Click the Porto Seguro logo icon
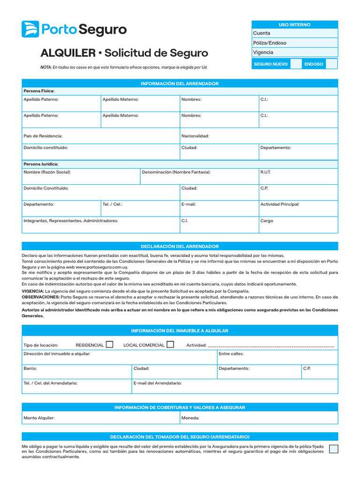click(x=30, y=29)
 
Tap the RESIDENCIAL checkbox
click(x=110, y=345)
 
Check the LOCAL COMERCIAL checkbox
click(x=170, y=345)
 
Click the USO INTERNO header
click(x=294, y=24)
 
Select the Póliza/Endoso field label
click(x=270, y=43)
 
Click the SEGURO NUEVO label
click(x=270, y=64)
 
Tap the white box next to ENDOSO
click(x=331, y=64)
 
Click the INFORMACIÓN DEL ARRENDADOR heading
click(x=180, y=83)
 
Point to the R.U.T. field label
click(x=265, y=172)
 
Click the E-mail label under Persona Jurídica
click(x=188, y=204)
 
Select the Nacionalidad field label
click(x=195, y=136)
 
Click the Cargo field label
click(x=266, y=221)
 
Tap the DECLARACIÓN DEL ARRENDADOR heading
click(x=180, y=246)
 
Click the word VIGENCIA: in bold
click(x=33, y=291)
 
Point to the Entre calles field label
click(x=231, y=354)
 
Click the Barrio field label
click(x=30, y=368)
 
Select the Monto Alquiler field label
click(x=39, y=418)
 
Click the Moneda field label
click(x=190, y=418)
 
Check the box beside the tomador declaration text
click(x=333, y=449)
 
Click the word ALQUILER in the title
click(x=67, y=53)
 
